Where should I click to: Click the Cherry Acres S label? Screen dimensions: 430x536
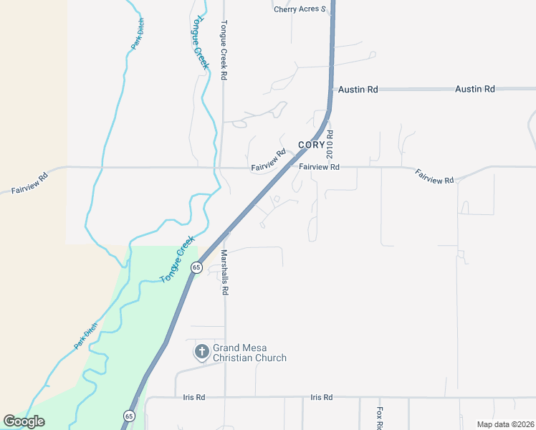click(300, 9)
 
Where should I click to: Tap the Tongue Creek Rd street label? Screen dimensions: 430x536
click(224, 49)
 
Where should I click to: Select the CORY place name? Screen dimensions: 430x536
click(312, 145)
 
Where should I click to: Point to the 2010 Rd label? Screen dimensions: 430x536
click(330, 144)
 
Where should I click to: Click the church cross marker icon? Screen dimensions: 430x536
click(202, 352)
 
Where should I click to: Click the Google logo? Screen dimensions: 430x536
click(24, 421)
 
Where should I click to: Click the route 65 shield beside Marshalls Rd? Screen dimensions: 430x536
click(196, 267)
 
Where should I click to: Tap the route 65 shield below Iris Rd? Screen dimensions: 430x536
click(128, 416)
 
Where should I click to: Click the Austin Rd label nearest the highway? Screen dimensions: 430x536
click(358, 90)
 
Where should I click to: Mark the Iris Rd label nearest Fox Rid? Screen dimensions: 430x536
click(322, 397)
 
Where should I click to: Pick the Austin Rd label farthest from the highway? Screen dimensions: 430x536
click(475, 89)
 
